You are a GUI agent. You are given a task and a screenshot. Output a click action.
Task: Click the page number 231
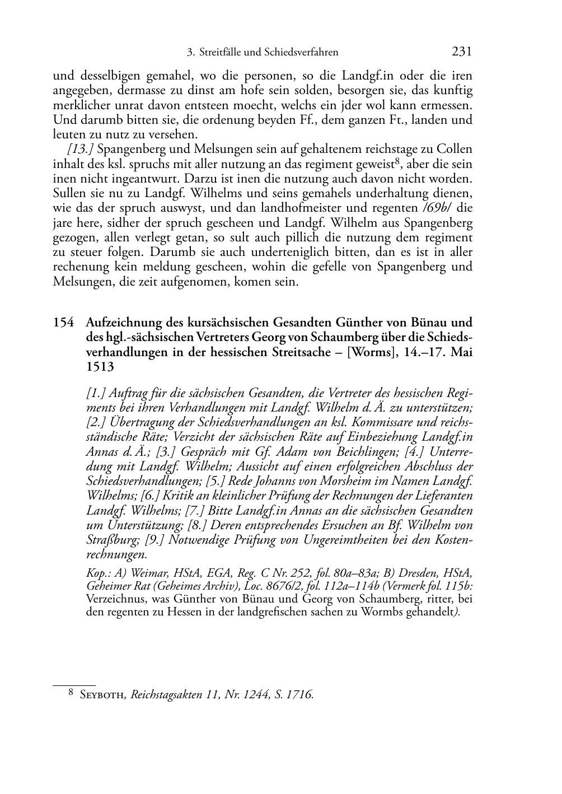462,52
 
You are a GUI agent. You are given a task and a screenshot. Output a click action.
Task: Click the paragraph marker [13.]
81,150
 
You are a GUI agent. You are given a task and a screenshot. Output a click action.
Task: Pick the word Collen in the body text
455,150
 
